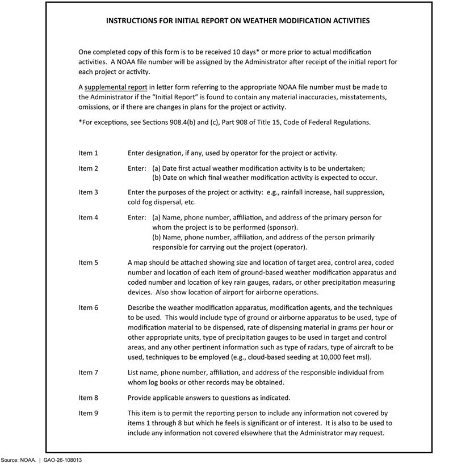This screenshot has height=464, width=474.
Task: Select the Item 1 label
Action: (x=88, y=153)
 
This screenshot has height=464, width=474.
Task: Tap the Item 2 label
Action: (x=88, y=168)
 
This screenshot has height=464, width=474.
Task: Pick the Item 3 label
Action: (x=88, y=192)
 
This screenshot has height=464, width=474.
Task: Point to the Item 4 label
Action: (x=88, y=217)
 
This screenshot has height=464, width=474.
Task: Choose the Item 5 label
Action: (x=88, y=263)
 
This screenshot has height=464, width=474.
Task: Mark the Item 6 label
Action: (x=88, y=307)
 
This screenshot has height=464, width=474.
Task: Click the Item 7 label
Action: (x=88, y=373)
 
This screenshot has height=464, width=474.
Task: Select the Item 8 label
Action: (x=88, y=398)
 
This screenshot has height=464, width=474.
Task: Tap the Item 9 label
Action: (x=88, y=413)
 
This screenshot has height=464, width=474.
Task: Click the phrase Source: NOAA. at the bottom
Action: (x=19, y=459)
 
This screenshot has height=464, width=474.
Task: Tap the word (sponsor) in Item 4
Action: (x=266, y=227)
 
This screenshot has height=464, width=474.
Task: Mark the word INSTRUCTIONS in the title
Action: (x=133, y=20)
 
